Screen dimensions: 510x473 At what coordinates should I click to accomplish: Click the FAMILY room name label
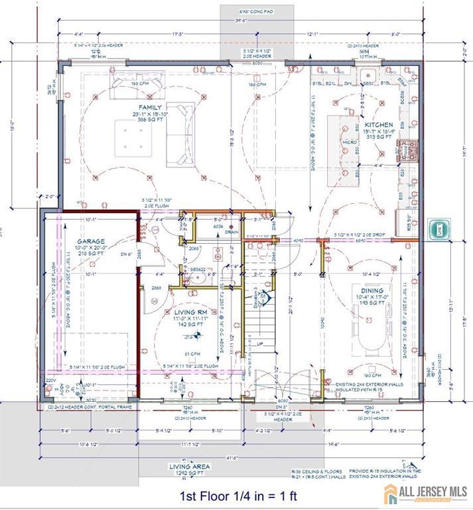click(x=151, y=107)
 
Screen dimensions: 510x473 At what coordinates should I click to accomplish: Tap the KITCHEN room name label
click(x=379, y=125)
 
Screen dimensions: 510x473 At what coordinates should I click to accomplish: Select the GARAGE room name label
click(x=90, y=241)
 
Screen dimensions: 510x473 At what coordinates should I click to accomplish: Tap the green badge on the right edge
click(x=439, y=230)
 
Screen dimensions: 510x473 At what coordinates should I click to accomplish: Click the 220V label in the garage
click(x=50, y=381)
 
